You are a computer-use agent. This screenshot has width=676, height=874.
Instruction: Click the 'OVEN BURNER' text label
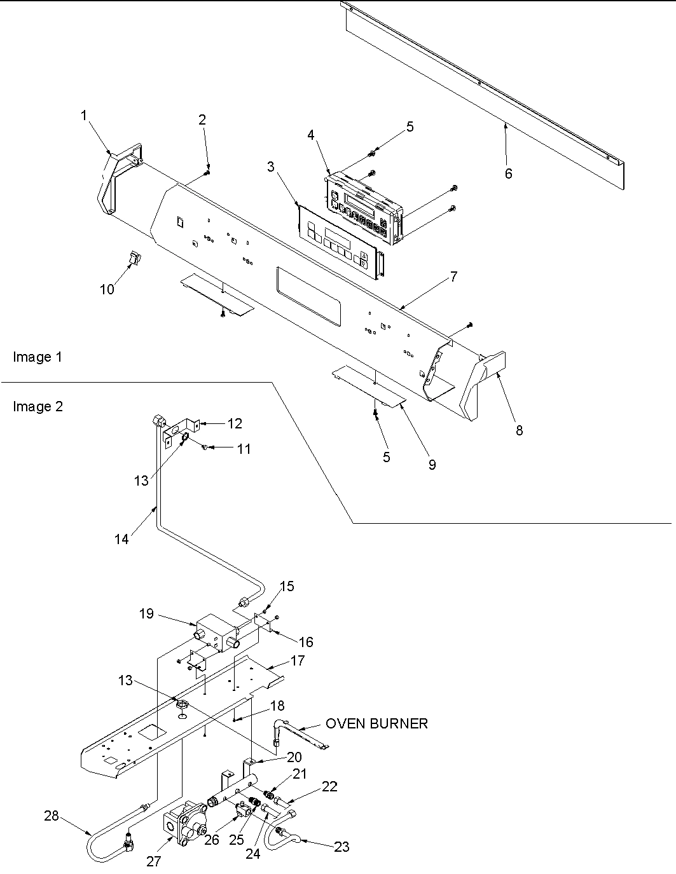[376, 723]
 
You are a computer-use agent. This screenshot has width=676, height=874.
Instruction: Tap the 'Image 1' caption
[38, 357]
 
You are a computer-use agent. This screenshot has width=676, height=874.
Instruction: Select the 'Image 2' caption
[38, 406]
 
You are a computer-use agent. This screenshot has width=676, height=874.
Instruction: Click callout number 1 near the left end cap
[83, 115]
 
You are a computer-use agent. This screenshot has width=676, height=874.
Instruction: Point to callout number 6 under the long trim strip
[508, 174]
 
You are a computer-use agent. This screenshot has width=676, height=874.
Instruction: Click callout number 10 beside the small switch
[107, 289]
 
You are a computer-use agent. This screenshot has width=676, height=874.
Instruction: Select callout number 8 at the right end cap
[519, 430]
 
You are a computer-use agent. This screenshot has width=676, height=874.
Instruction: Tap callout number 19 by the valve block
[146, 613]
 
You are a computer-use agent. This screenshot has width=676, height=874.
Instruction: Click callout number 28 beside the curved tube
[51, 816]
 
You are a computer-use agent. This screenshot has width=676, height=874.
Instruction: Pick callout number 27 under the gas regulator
[153, 861]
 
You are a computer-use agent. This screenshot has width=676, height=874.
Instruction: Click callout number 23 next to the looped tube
[342, 846]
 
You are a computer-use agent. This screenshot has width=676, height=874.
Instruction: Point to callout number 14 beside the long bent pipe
[121, 539]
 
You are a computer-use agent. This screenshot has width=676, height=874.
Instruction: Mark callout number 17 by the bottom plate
[297, 660]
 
